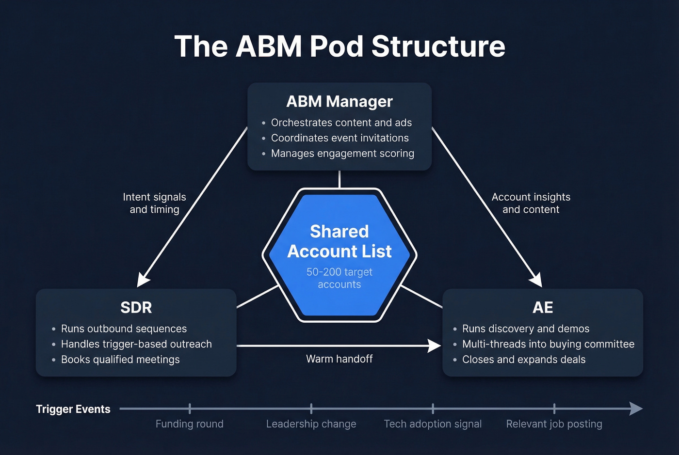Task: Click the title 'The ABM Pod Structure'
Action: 339,47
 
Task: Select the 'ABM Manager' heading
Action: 339,102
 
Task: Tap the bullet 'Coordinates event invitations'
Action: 339,138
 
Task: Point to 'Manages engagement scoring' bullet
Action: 342,154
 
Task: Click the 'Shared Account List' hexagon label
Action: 339,241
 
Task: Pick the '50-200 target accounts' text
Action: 339,278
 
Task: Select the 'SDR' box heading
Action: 136,308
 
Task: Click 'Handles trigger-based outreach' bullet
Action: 136,344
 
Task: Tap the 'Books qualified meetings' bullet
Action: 120,360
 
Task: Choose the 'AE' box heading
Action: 543,308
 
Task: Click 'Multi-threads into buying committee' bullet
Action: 548,344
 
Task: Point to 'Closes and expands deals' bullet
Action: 524,360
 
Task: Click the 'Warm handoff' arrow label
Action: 339,359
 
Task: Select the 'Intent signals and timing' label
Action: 154,204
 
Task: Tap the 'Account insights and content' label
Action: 531,204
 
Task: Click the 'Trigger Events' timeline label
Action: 73,409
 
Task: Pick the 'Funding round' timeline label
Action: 190,424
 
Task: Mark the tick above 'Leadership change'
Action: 311,408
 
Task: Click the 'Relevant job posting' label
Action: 554,424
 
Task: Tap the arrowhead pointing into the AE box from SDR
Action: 435,345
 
